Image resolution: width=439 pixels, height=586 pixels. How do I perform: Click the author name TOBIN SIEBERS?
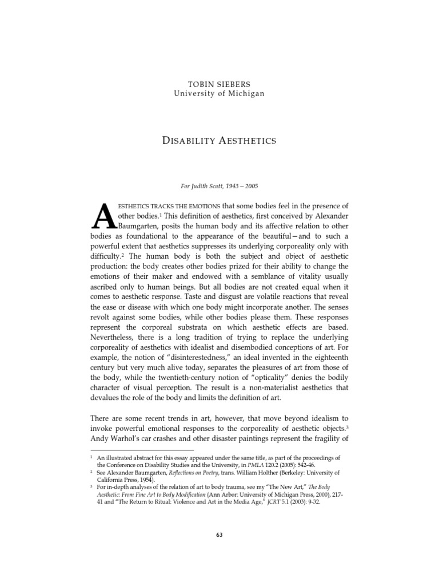pos(219,84)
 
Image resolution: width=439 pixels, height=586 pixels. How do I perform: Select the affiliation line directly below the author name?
pos(219,94)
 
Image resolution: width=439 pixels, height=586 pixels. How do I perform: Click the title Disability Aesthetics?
pos(219,141)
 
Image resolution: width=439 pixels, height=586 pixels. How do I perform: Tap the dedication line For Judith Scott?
pos(219,185)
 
